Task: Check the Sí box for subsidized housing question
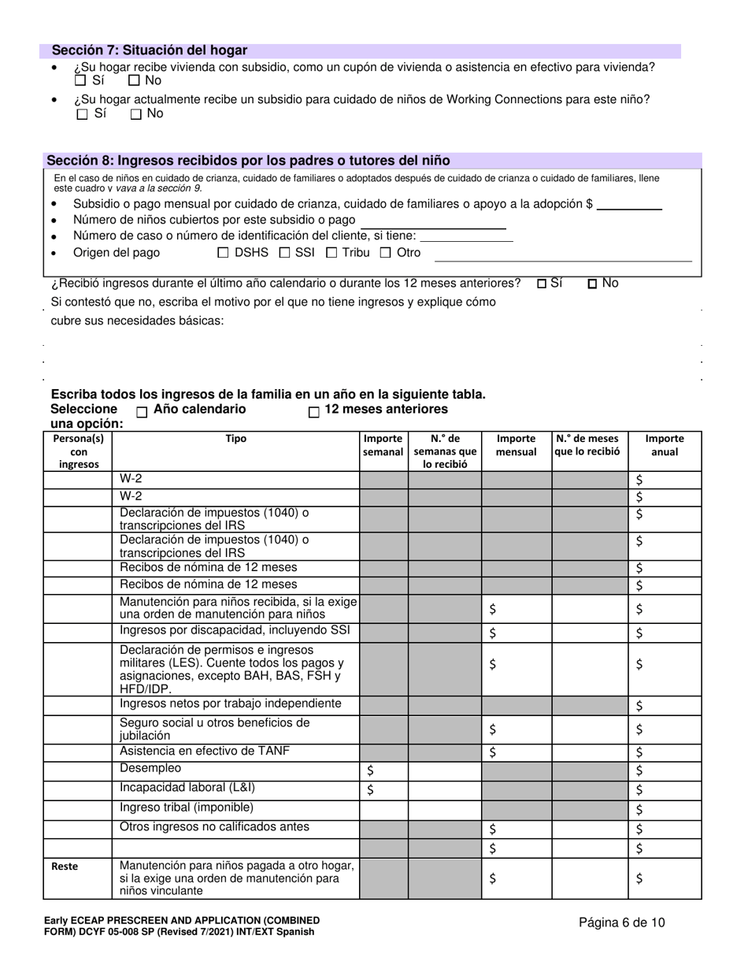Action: (x=80, y=80)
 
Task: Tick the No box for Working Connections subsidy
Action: (x=136, y=113)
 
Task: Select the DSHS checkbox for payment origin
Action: (x=222, y=253)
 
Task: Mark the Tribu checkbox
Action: (x=331, y=253)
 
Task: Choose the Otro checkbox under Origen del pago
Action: (x=386, y=253)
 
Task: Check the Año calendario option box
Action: (x=142, y=411)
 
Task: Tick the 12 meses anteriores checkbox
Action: (x=313, y=411)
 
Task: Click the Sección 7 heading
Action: (x=149, y=50)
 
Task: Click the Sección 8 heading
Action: (x=248, y=160)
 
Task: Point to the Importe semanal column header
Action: (x=383, y=445)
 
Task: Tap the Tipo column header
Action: (x=235, y=439)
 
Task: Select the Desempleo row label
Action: (x=150, y=768)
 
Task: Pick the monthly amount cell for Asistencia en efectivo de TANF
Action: (x=516, y=752)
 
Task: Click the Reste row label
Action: (x=65, y=866)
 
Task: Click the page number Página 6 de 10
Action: (x=621, y=922)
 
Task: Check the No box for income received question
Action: (x=592, y=284)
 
